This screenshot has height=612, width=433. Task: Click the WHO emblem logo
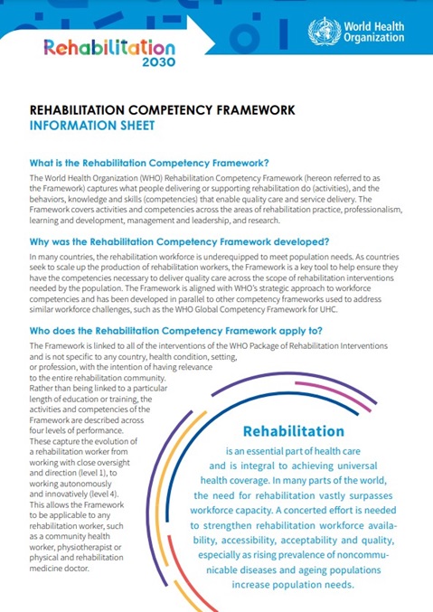(321, 32)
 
